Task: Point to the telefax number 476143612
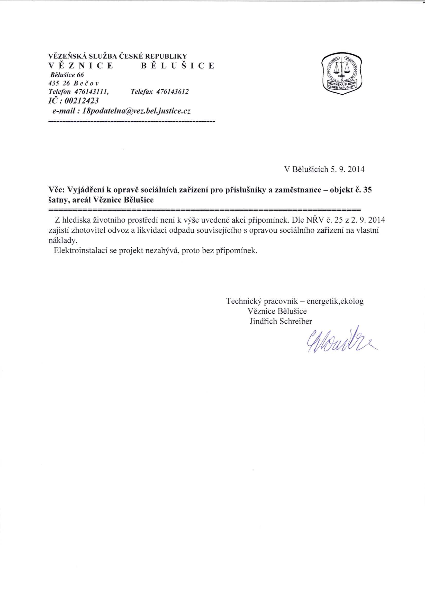(x=173, y=92)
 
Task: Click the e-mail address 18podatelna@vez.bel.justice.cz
(x=136, y=111)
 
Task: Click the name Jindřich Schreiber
(x=281, y=321)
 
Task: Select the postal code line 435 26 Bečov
(x=74, y=83)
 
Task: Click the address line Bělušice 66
(x=67, y=75)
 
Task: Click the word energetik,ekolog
(x=335, y=301)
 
